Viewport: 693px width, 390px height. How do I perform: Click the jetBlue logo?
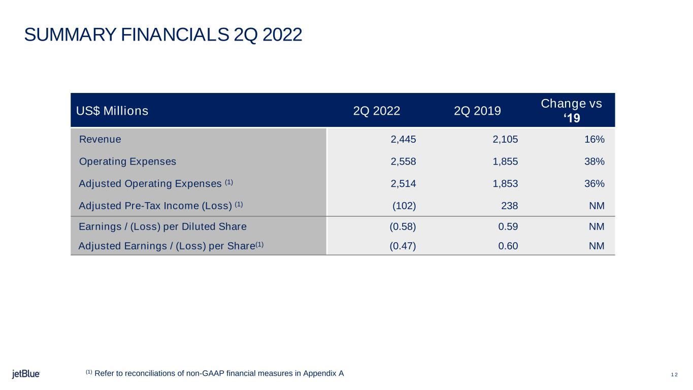pos(26,374)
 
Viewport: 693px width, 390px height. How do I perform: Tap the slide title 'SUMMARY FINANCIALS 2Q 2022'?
pos(163,35)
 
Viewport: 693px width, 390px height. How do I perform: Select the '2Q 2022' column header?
pos(377,111)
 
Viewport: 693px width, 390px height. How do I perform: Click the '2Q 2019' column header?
pos(477,111)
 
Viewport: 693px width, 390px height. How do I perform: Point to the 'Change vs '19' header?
pos(572,110)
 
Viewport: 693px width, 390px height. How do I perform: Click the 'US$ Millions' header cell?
pos(112,111)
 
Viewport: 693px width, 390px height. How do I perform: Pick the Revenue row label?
pos(100,139)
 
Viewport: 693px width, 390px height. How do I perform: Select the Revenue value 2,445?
pos(404,140)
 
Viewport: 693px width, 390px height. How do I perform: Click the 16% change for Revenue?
pos(595,140)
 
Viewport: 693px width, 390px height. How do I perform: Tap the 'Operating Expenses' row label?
pos(127,161)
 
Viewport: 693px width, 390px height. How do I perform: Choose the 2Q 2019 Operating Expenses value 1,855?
pos(506,161)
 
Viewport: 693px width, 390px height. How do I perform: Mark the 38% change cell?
pos(595,161)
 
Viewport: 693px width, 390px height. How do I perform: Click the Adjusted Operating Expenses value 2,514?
pos(404,184)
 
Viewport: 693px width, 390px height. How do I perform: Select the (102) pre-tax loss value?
pos(405,206)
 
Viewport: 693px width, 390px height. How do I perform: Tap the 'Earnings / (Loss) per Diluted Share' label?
pos(162,226)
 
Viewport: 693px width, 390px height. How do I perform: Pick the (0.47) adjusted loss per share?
pos(403,246)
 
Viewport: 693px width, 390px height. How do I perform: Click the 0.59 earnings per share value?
pos(508,226)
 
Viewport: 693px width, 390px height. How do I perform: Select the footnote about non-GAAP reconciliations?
pos(215,374)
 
